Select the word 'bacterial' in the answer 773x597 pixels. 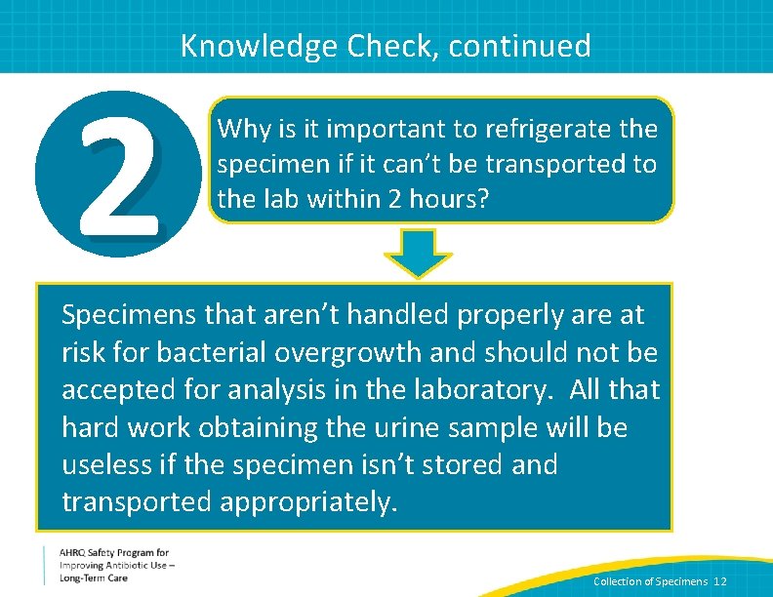[202, 352]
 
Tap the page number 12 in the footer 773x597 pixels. [720, 581]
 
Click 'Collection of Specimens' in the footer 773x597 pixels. [650, 581]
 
